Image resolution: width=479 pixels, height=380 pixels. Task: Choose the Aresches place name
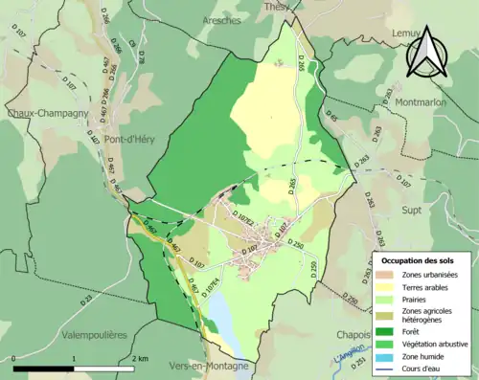tap(222, 20)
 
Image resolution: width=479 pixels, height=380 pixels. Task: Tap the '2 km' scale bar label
tap(140, 358)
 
